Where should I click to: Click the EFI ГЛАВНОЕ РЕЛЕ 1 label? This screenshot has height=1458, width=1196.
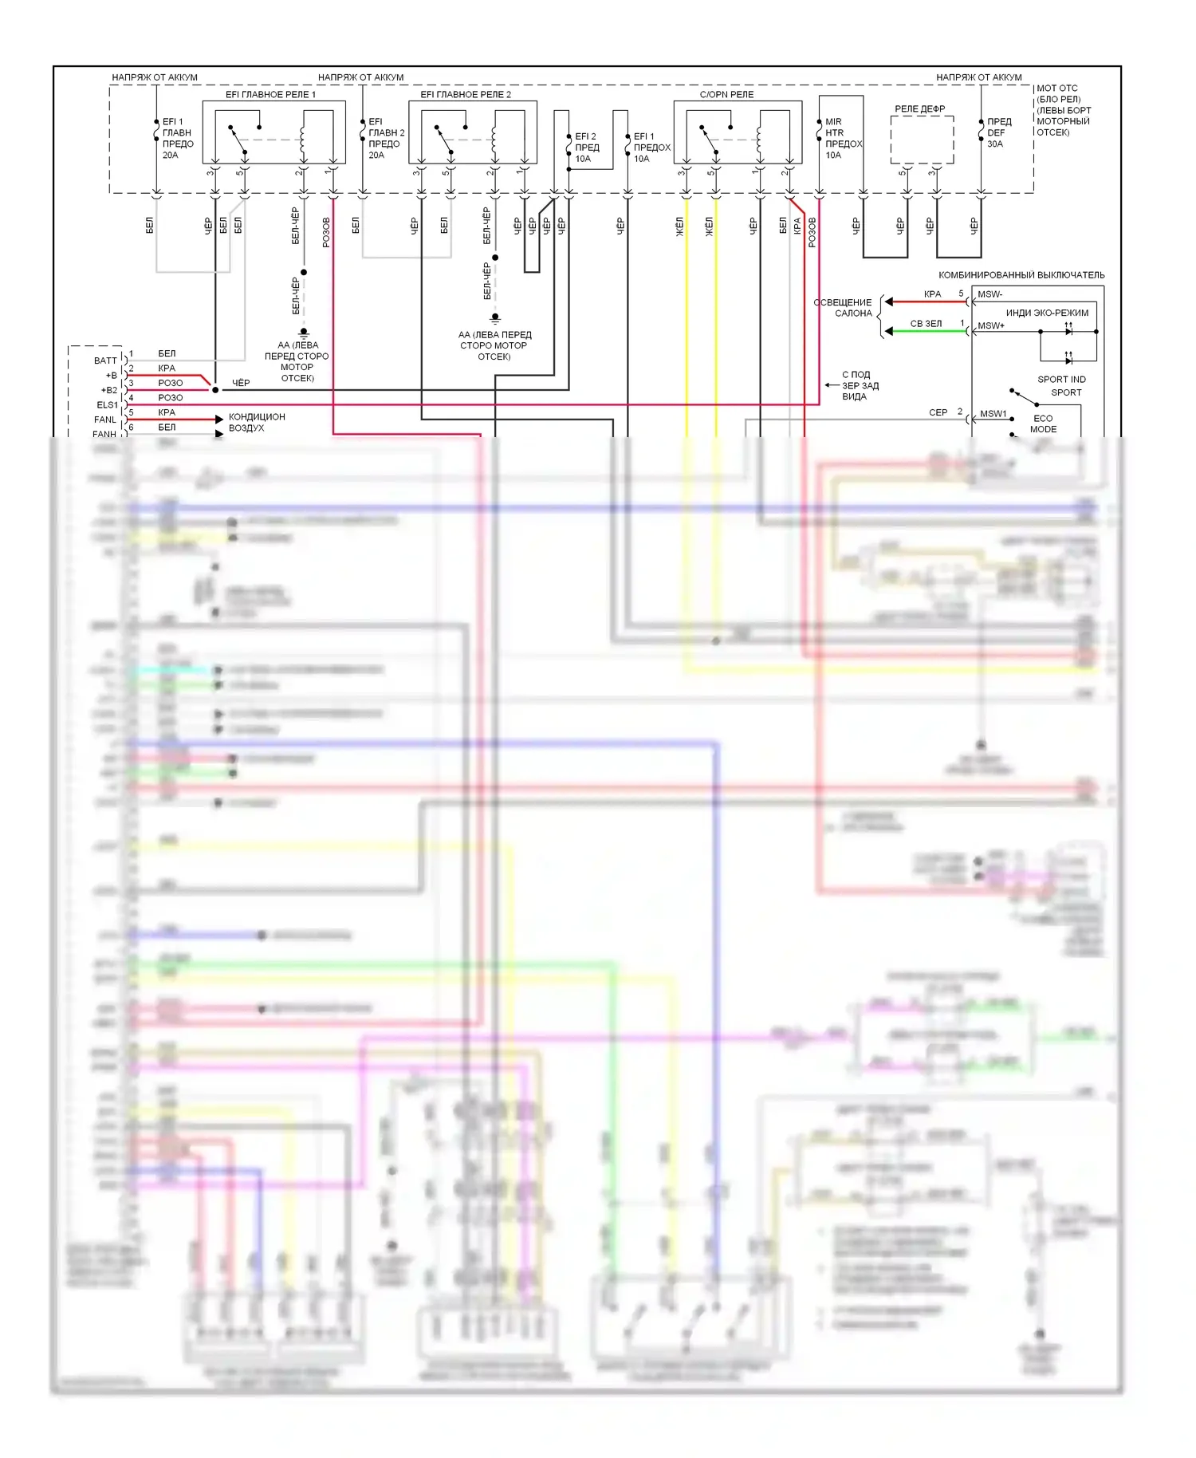click(x=270, y=94)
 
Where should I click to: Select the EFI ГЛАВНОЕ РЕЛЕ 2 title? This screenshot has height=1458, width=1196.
click(x=466, y=94)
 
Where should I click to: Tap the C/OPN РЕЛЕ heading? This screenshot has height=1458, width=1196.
click(x=726, y=94)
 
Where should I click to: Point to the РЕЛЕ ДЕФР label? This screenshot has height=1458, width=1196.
click(x=919, y=108)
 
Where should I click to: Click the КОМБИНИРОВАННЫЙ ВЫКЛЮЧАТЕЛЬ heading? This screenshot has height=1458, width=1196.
click(x=1021, y=275)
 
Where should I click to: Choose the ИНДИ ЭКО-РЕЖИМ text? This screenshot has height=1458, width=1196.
click(x=1046, y=313)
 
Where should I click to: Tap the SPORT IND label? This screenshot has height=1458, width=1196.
click(x=1061, y=380)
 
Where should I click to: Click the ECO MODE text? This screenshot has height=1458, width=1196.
click(x=1043, y=424)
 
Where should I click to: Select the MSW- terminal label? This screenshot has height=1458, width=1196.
click(x=989, y=294)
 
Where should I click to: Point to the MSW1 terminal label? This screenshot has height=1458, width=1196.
click(x=993, y=414)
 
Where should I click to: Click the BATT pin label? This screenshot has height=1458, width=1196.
click(x=105, y=361)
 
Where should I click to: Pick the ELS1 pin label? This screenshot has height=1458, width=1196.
click(x=107, y=405)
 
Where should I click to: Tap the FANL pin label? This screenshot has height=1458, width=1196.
click(x=105, y=420)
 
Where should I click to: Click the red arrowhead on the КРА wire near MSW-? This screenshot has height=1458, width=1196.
click(x=889, y=301)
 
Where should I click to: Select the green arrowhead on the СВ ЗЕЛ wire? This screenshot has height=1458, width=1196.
click(x=889, y=331)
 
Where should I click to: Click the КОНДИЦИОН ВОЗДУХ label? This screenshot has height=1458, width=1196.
click(x=256, y=422)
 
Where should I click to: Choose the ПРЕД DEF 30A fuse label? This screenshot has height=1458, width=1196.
click(x=998, y=132)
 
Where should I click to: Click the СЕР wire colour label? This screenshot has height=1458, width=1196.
click(x=938, y=412)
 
